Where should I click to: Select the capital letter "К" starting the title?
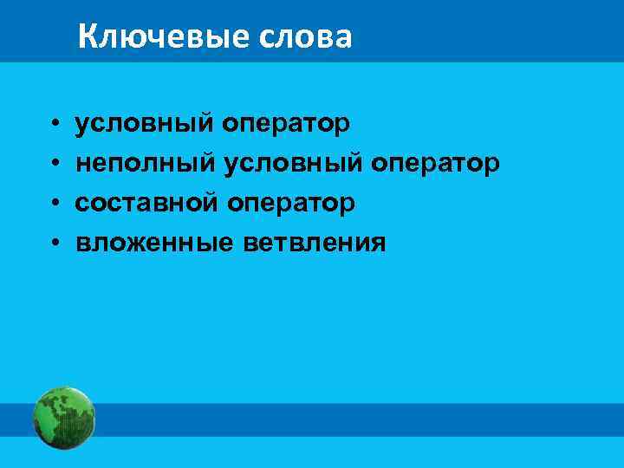[87, 37]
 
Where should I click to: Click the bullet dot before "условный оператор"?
[54, 125]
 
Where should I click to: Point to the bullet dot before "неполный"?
[54, 165]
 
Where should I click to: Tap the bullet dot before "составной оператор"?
[54, 205]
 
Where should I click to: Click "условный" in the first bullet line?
[144, 124]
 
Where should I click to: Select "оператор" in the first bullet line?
[286, 124]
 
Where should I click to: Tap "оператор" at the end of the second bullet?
[433, 164]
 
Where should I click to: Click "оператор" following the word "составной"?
[291, 204]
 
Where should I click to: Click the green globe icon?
[63, 418]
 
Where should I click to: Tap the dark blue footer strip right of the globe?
[347, 419]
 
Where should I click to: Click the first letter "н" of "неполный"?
[82, 165]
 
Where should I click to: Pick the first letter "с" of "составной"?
[81, 205]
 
